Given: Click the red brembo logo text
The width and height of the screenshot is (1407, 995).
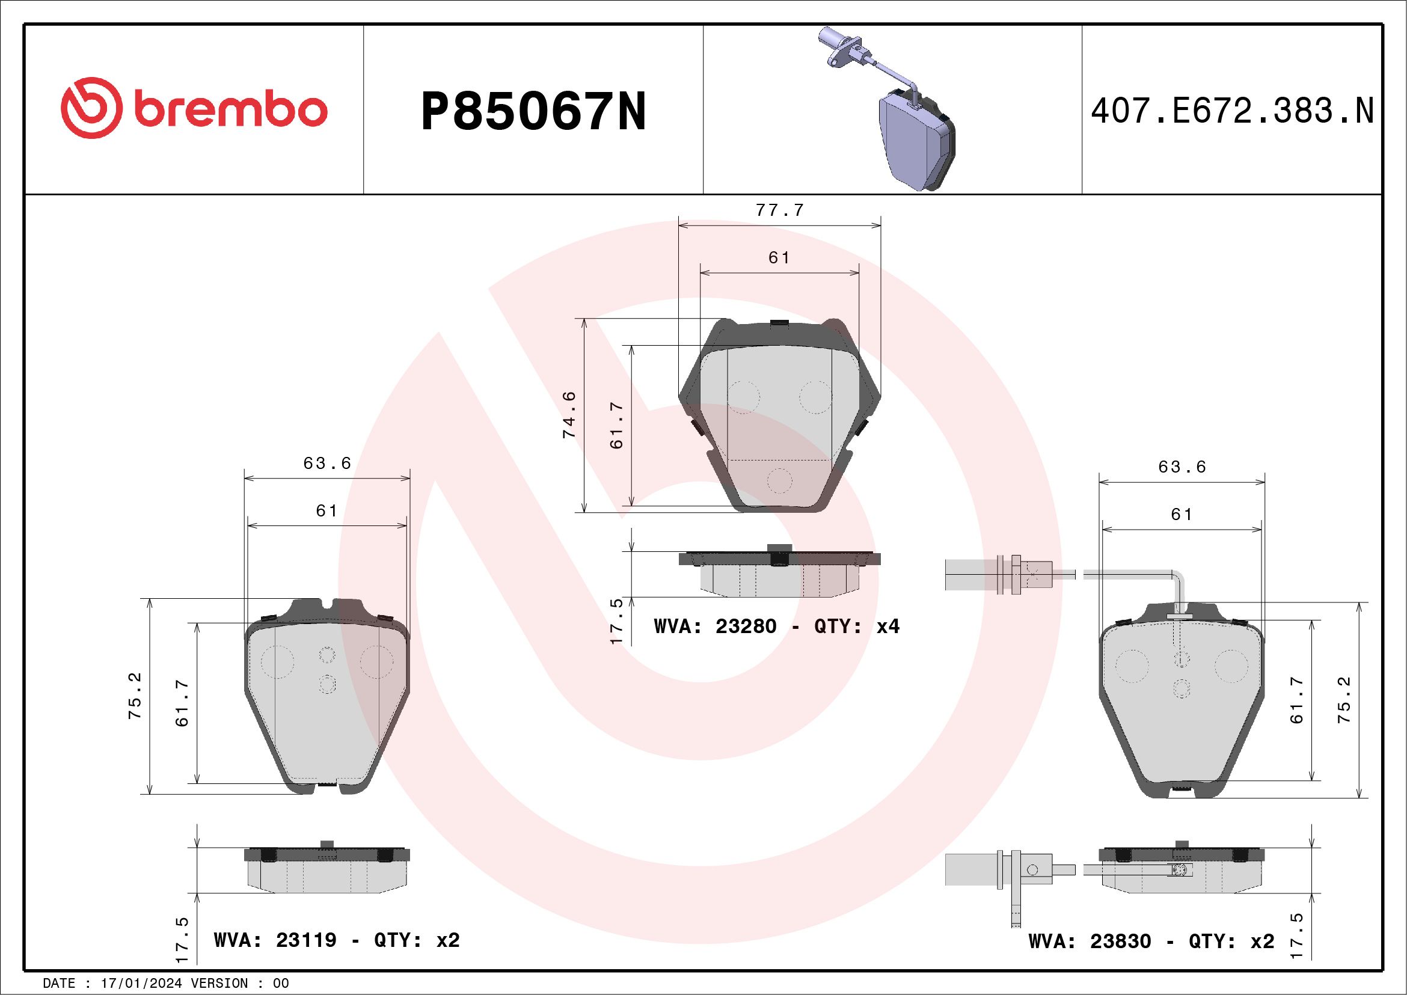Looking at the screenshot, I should click(230, 110).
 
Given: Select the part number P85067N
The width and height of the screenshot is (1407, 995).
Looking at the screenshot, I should click(533, 111).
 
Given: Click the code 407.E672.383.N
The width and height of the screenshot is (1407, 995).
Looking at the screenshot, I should click(1232, 111).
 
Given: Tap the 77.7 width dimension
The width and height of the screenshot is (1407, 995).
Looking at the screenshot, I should click(779, 210).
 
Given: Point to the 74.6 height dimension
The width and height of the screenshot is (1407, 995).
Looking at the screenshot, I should click(569, 415).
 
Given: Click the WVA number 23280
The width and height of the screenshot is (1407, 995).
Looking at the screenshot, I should click(746, 626).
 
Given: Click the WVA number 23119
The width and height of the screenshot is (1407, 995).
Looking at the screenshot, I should click(306, 940).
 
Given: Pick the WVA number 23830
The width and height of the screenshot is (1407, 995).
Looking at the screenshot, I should click(1120, 941).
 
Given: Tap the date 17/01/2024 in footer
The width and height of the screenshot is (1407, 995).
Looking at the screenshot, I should click(141, 984).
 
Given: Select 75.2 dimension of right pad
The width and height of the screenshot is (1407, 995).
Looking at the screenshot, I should click(1344, 700).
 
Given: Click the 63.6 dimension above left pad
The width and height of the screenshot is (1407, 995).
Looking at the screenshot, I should click(327, 463).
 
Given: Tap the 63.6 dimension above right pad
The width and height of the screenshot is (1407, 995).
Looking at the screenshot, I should click(1182, 467).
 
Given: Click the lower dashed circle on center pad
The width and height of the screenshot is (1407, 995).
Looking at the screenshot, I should click(779, 480).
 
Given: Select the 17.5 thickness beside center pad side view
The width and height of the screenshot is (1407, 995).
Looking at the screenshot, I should click(616, 620).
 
